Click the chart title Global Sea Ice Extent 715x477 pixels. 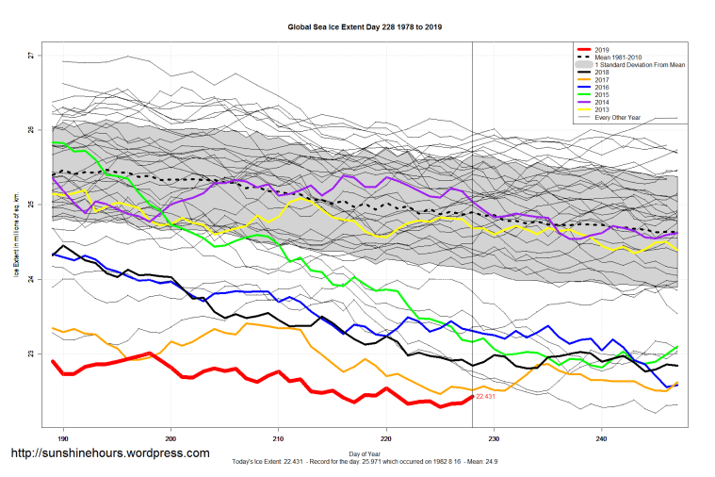click(364, 27)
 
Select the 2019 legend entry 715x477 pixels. click(604, 49)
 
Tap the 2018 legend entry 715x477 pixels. click(604, 72)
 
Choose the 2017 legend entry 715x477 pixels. click(604, 79)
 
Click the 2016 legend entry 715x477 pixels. click(604, 87)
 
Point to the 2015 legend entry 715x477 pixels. click(604, 94)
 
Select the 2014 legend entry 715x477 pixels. click(604, 102)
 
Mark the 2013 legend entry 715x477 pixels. click(604, 109)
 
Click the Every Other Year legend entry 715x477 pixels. click(616, 117)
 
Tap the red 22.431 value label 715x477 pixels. click(487, 398)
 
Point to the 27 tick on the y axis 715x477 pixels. click(30, 56)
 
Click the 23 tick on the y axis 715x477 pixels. click(30, 354)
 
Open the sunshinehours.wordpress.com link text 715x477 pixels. click(109, 453)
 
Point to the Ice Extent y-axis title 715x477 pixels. click(16, 236)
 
